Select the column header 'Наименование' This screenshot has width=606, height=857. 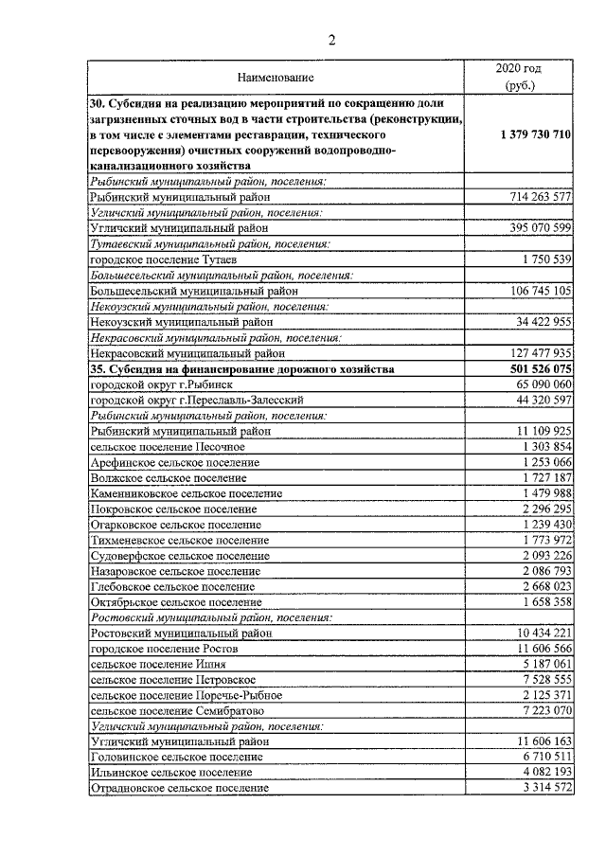click(276, 76)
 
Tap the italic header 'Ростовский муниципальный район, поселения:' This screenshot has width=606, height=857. click(210, 616)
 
